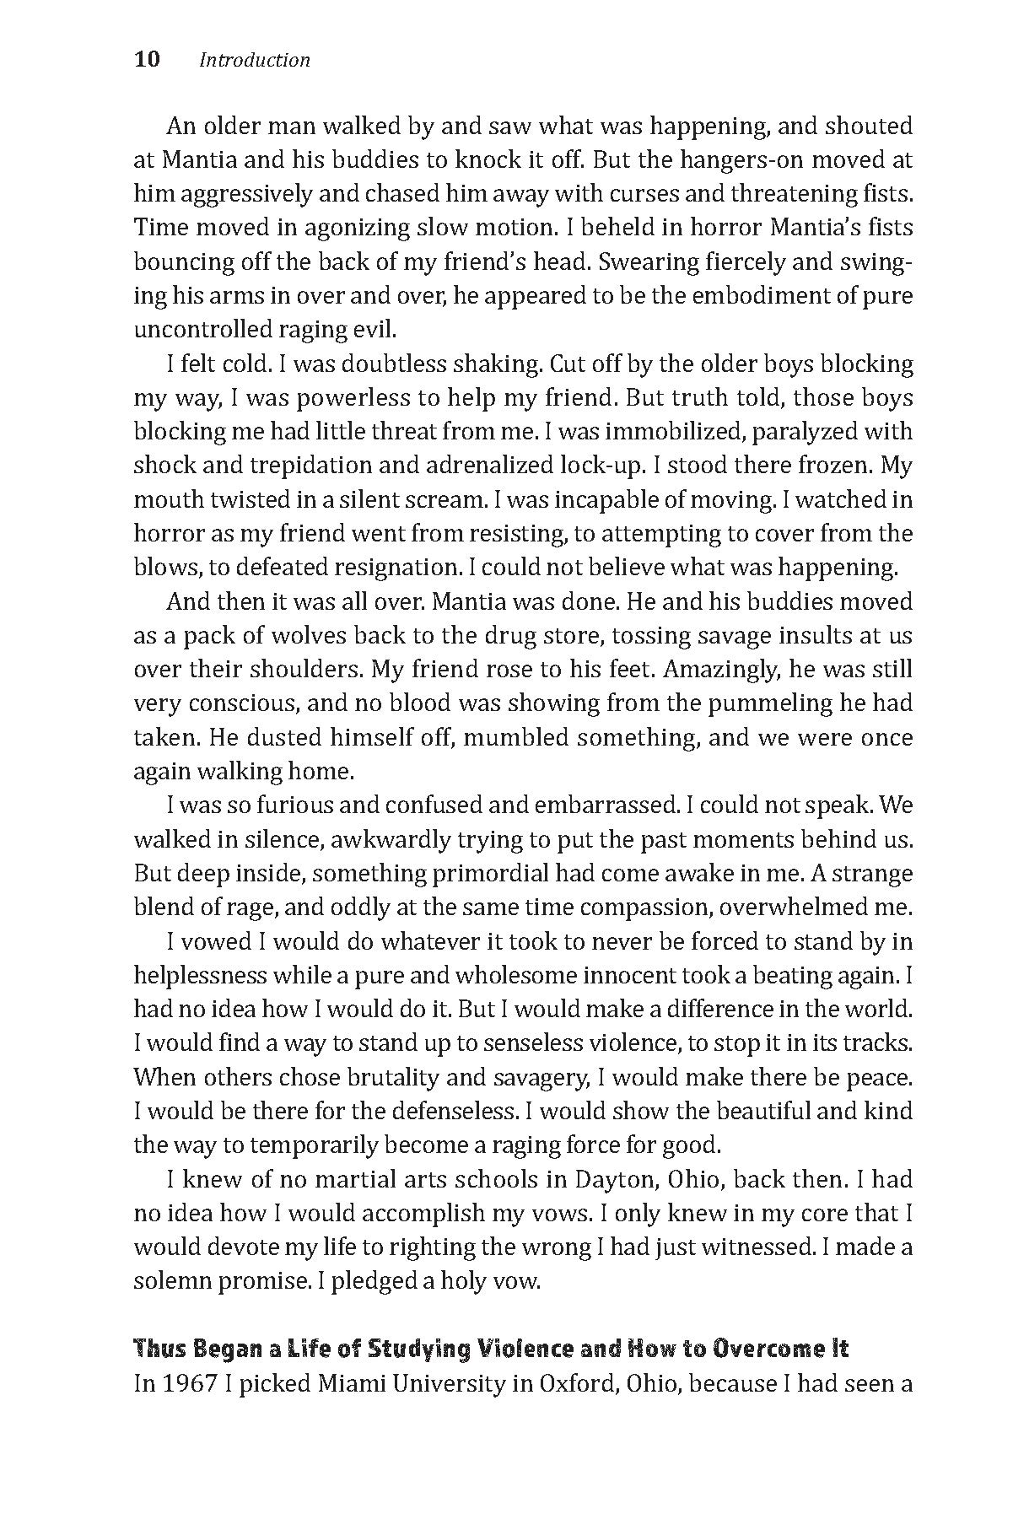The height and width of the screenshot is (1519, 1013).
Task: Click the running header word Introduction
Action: [255, 61]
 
